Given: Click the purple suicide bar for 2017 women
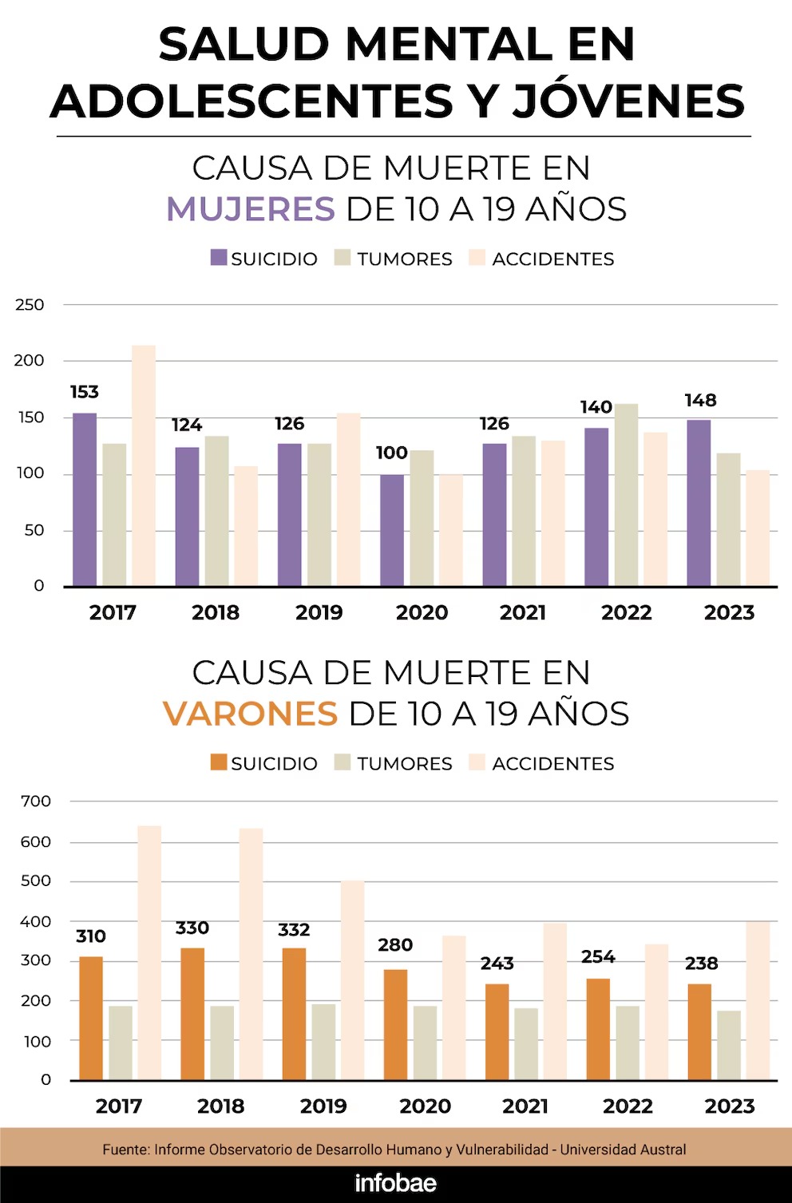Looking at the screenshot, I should (x=85, y=500).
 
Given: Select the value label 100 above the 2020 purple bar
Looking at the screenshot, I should (x=391, y=453).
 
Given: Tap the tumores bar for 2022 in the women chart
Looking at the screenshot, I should (x=627, y=495).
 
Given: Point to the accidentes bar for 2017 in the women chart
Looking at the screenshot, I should (x=144, y=465).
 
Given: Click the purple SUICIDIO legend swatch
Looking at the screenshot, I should (x=219, y=258).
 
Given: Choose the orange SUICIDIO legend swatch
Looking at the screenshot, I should (x=219, y=762).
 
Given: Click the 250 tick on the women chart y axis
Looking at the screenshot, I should (x=30, y=305).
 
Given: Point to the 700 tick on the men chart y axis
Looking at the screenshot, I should (x=36, y=801).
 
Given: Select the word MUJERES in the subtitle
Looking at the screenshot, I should (x=251, y=209).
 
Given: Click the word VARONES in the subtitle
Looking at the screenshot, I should (x=251, y=714).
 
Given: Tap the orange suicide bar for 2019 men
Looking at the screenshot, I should (x=294, y=1014).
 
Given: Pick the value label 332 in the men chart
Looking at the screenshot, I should (x=294, y=930).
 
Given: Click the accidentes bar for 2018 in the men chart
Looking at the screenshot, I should (x=251, y=954).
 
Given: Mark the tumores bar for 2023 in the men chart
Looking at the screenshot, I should (x=729, y=1045).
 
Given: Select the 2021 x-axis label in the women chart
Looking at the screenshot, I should (x=523, y=612).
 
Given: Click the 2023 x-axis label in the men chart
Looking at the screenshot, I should (x=729, y=1106).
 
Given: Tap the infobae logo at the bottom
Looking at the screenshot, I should (x=396, y=1183).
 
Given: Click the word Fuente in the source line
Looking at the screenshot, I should (x=125, y=1150).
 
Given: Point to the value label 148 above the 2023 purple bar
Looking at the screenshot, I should (x=700, y=401).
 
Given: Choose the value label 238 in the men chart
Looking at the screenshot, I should (x=701, y=964).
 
